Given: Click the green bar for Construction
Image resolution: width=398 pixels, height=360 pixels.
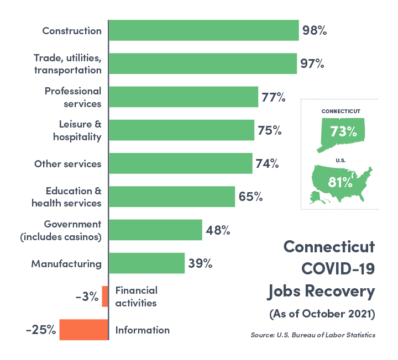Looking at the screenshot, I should coord(204,30).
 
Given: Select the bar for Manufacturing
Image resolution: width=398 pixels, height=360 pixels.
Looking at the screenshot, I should coord(146,263).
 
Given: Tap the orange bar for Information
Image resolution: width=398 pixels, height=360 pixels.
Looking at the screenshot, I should coord(83,330).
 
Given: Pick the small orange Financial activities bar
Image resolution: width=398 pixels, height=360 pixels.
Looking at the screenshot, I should coord(104,297).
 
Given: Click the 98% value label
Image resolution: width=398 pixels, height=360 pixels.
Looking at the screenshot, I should coord(315,30).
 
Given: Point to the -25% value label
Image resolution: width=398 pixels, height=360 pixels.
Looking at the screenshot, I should coord(41,330).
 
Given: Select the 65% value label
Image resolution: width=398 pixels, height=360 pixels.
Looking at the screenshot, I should coord(250,197).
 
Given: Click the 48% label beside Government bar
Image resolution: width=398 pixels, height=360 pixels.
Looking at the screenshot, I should coord(218,230).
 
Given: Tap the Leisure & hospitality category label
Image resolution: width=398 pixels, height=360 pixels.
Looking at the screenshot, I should coord(80,130).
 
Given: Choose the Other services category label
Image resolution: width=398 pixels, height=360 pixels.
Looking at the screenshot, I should coord(68,164).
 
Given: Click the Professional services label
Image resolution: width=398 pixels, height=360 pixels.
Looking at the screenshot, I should coord(73,97).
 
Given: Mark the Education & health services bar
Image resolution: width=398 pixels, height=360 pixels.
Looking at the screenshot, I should coord(172,197).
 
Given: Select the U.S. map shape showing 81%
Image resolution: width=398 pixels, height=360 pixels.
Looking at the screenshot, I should coord(339,182).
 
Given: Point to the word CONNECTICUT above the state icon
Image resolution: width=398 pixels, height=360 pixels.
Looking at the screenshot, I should coord(341,111).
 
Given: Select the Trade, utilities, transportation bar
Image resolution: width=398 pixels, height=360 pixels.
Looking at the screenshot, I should coord(203,63).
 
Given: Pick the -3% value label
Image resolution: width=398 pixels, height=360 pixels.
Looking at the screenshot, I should coord(87,297).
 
